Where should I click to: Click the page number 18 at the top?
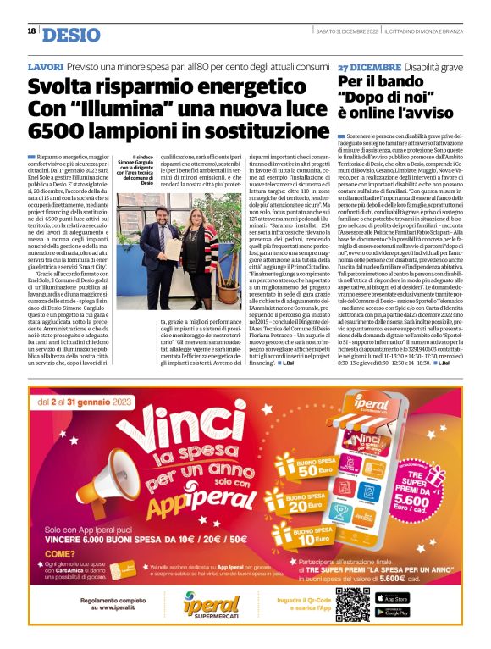pos(31,31)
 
